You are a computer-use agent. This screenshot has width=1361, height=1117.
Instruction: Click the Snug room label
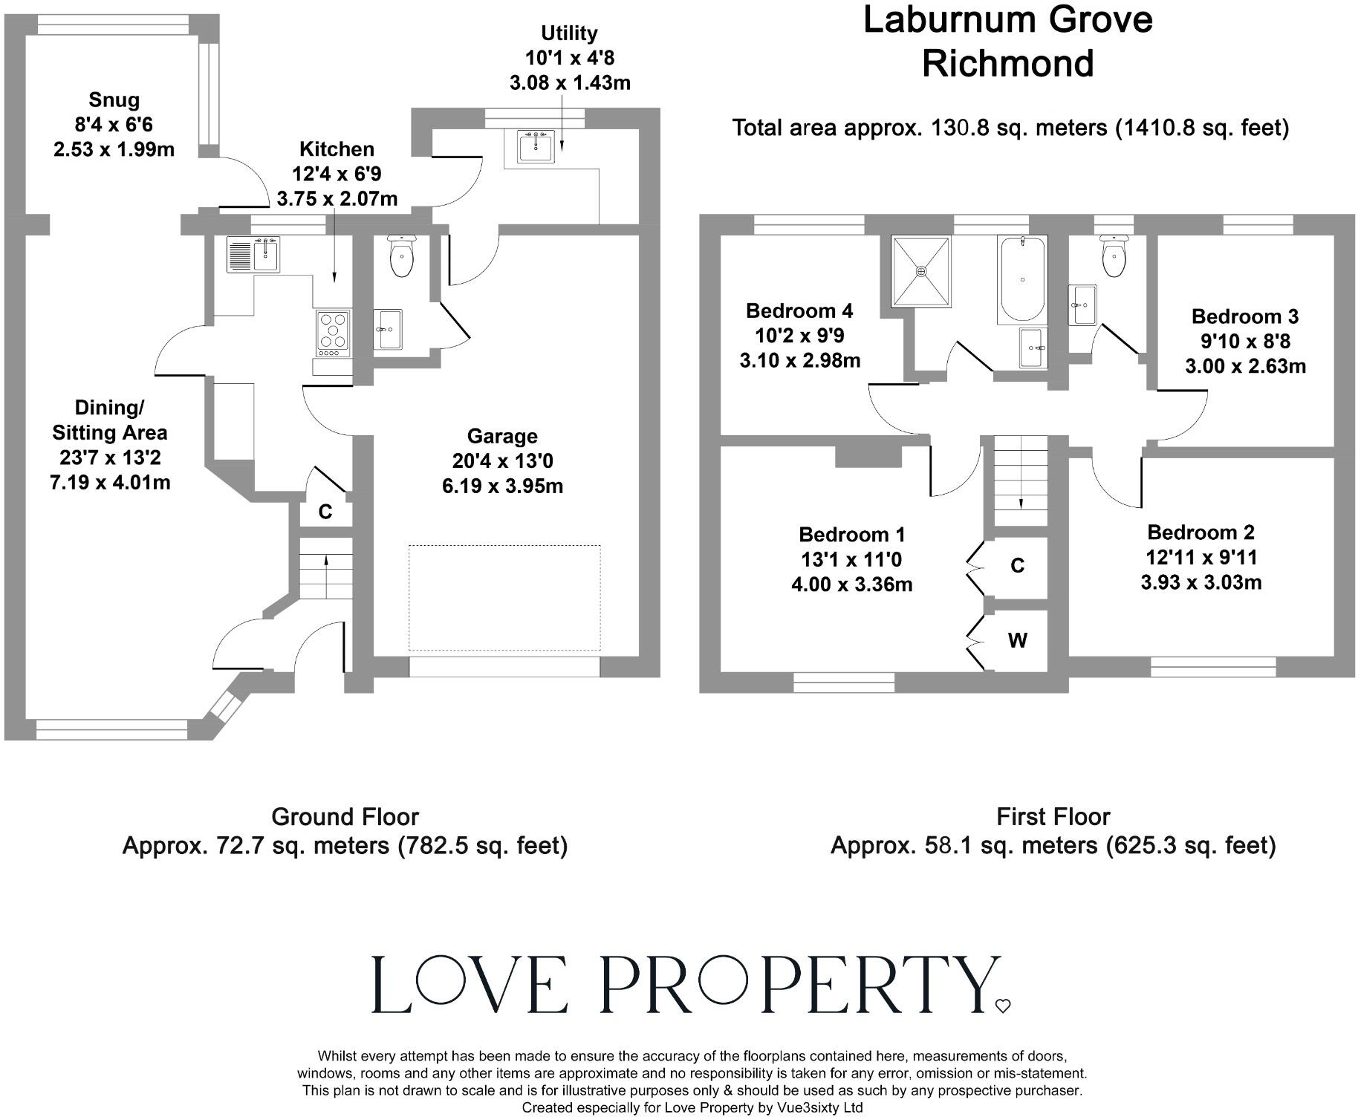point(114,100)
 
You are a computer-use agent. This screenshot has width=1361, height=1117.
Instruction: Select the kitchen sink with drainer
point(253,255)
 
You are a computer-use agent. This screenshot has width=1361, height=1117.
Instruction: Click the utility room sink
point(536,147)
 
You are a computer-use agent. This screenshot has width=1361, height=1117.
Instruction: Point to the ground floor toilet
point(401,257)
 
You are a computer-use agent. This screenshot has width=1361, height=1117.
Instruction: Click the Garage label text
point(502,437)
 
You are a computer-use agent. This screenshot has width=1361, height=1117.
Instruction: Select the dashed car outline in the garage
point(504,599)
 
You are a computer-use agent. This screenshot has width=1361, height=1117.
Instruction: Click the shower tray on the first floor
point(921,272)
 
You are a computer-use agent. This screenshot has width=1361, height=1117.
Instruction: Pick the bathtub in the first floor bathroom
point(1023,279)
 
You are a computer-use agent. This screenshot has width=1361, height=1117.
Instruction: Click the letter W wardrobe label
point(1017,640)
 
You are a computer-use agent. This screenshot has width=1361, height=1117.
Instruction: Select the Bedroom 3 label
point(1245,317)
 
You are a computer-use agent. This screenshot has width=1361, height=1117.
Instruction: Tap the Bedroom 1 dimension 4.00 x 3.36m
point(851,584)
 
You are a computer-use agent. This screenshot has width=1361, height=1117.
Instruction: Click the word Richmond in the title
point(1007,63)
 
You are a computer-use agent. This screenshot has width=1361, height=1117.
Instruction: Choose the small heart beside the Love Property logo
point(1003,1006)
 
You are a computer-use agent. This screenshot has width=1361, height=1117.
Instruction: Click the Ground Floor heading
point(345,817)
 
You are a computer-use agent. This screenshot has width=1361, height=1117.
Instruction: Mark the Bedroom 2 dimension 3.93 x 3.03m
point(1201,582)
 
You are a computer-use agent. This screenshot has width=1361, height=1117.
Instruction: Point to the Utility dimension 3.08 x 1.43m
point(570,82)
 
